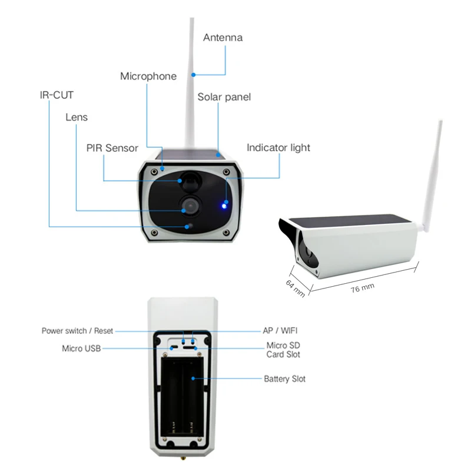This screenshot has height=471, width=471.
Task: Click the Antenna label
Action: pos(223,38)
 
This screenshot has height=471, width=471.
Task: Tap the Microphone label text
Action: pos(148,77)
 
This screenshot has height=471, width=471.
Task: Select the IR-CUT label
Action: pos(57,95)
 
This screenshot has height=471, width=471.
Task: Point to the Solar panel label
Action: pos(224,97)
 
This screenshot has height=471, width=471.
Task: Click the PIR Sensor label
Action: pos(112,148)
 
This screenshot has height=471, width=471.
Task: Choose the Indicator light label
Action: pos(278,148)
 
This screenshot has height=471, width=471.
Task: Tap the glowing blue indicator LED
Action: pos(224,206)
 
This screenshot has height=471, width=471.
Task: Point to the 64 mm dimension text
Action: pos(296,288)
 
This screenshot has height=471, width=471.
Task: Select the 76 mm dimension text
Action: pos(363,287)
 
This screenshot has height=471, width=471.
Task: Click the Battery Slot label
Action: pos(284,379)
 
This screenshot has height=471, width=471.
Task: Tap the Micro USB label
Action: pos(81,349)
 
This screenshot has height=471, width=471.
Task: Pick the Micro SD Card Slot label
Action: pos(283,350)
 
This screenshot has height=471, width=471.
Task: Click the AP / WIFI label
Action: pos(280,331)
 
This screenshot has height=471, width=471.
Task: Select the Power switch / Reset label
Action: pos(77,331)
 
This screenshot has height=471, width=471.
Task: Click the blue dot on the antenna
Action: pos(194,75)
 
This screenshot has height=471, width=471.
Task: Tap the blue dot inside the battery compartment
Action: pos(193,379)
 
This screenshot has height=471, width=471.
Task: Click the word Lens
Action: pos(77,117)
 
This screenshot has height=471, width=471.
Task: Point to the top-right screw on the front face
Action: pos(227,172)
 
